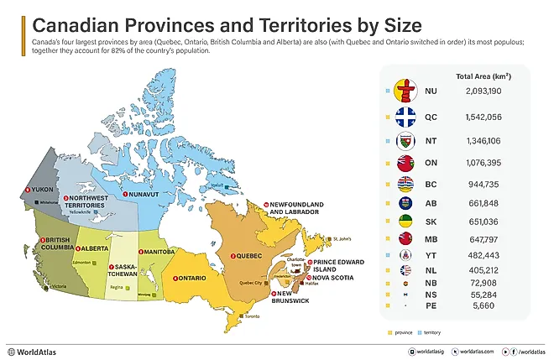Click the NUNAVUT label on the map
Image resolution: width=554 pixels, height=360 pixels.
(x=141, y=195)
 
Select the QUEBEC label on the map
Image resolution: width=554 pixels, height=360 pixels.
(x=248, y=255)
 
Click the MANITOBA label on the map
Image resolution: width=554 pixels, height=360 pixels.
(x=158, y=252)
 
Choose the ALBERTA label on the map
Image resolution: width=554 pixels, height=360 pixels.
(x=92, y=248)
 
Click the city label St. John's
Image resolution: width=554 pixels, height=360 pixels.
(x=340, y=239)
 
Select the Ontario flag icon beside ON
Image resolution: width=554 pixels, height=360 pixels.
(x=405, y=162)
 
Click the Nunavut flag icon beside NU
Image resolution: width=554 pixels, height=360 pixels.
(x=405, y=91)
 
